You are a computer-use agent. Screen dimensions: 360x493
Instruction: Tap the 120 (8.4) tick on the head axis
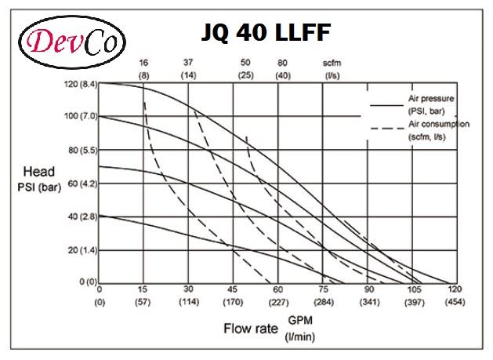pos(79,82)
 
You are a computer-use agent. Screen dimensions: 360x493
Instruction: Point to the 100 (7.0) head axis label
pos(79,116)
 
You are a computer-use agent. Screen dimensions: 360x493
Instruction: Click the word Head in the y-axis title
pos(38,172)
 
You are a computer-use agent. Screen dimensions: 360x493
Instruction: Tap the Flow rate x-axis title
pos(251,328)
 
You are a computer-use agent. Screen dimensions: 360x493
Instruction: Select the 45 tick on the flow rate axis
pos(234,289)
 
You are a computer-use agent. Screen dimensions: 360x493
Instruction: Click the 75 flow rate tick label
pos(323,289)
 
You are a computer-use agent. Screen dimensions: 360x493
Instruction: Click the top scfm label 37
pos(189,62)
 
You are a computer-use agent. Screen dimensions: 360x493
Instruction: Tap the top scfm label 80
pos(283,62)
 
